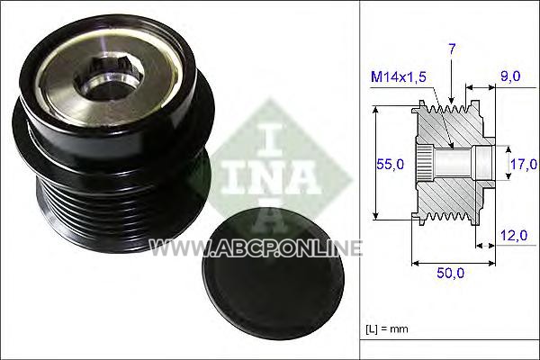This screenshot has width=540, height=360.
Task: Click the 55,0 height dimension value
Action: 390,165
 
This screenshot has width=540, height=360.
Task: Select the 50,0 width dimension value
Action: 451,273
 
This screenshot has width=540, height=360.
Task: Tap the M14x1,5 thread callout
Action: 399,76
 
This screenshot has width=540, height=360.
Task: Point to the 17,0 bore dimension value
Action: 524,165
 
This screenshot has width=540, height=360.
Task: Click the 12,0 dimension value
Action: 514,235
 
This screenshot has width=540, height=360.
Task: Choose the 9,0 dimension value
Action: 510,76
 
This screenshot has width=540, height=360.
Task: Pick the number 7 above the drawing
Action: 452,49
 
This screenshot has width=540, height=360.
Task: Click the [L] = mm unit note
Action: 387,328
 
